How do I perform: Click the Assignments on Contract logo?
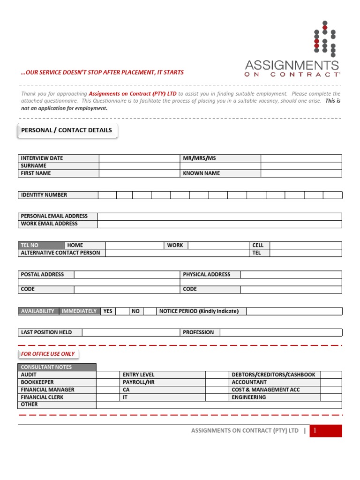click(x=292, y=50)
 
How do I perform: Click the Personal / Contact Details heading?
click(x=67, y=130)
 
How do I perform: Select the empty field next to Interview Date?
click(x=139, y=158)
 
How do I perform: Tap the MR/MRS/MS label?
click(x=199, y=158)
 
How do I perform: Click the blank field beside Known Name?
click(x=301, y=173)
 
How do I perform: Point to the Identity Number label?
click(x=44, y=195)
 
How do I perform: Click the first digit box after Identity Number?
click(x=107, y=195)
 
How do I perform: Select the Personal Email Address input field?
click(x=219, y=216)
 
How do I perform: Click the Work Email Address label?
click(x=49, y=224)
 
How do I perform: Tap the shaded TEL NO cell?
click(x=41, y=245)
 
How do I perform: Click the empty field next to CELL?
click(x=306, y=245)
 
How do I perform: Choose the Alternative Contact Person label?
click(x=60, y=253)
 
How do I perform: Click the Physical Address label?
click(x=207, y=275)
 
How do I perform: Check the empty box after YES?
click(x=122, y=311)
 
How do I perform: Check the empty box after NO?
click(x=150, y=311)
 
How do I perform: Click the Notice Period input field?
click(x=294, y=311)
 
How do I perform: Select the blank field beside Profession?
click(x=281, y=332)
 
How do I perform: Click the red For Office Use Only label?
click(x=48, y=354)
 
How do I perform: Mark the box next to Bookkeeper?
click(x=108, y=382)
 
